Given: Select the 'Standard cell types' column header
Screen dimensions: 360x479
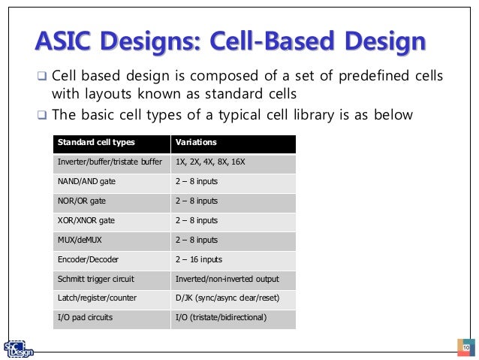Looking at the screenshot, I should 92,143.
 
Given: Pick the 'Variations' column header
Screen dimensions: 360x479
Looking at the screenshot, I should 196,143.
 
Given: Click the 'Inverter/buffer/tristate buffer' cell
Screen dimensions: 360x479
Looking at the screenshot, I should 110,162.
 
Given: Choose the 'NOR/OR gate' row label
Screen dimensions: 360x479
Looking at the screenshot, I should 82,201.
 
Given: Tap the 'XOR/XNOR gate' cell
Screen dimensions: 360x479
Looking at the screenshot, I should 86,221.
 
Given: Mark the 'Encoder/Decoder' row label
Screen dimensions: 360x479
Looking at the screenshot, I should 88,259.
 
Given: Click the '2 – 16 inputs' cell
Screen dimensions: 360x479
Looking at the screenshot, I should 198,259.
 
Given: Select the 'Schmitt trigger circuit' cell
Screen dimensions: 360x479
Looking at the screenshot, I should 95,279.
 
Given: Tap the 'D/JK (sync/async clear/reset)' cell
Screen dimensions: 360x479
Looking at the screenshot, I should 227,298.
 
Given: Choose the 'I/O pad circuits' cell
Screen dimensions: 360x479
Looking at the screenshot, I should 85,318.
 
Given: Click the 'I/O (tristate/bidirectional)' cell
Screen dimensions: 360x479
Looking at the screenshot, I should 220,318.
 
